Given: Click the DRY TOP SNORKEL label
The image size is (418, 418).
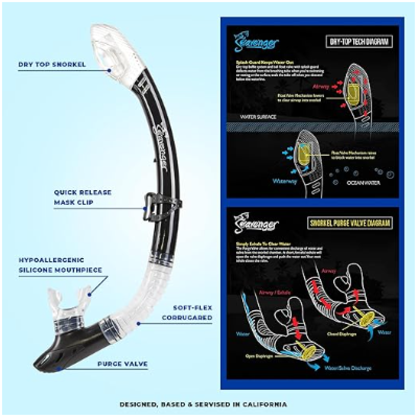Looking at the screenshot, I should (x=52, y=64).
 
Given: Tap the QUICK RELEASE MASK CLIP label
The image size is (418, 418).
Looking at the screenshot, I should (x=83, y=197).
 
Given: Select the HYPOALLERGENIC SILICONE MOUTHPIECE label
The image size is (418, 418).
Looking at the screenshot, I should (x=60, y=265).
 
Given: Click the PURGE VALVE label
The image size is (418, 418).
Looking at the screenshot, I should (x=122, y=364).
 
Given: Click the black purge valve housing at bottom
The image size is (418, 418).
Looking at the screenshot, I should (x=66, y=348).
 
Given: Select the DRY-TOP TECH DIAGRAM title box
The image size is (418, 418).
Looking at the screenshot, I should (x=358, y=42).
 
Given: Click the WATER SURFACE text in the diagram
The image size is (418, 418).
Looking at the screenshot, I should (x=258, y=117).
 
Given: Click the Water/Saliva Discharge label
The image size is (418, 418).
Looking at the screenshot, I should (x=348, y=368).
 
